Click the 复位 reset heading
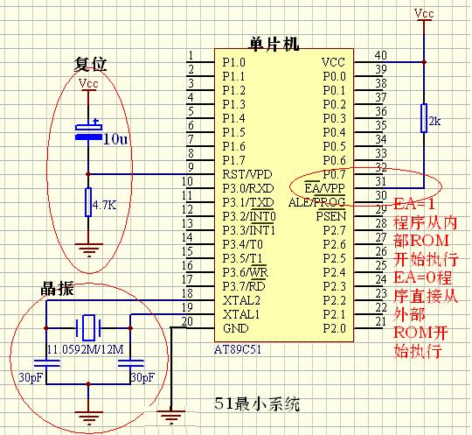tap(90, 64)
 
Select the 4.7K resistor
tap(88, 205)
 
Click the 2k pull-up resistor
tap(423, 119)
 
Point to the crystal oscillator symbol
tap(87, 328)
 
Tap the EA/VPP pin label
tap(323, 188)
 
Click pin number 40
tap(380, 56)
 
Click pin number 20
tap(186, 322)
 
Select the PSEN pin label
tap(330, 215)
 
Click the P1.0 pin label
tap(233, 62)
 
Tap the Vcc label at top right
tap(423, 14)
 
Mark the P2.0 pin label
tap(335, 327)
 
